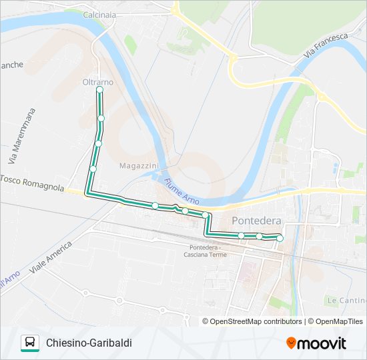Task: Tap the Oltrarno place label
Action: [x=97, y=81]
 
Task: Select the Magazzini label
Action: [x=139, y=165]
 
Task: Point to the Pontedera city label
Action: [x=256, y=221]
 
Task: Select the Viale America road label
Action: [x=51, y=259]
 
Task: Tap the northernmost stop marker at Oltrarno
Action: [x=99, y=89]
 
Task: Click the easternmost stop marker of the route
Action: [x=280, y=238]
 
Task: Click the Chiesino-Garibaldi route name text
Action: [x=89, y=343]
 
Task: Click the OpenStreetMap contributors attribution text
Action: [x=256, y=321]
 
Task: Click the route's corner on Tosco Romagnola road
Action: [x=87, y=193]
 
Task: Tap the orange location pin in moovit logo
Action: [x=292, y=343]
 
